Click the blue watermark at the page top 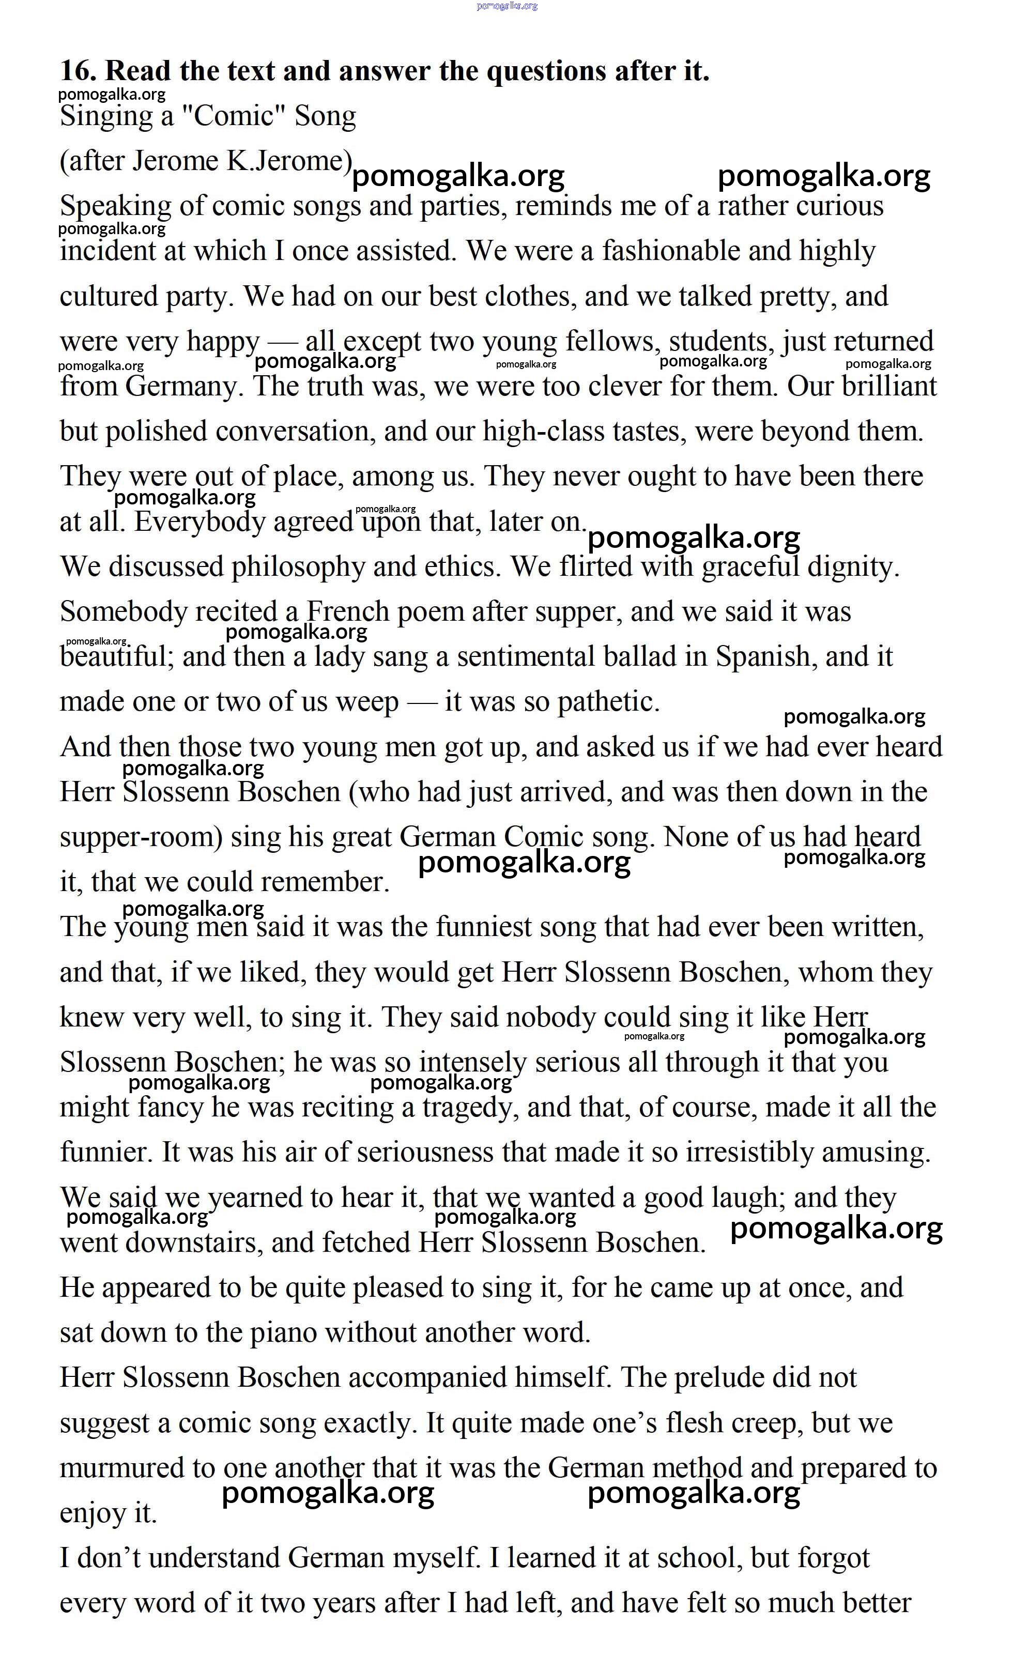(x=507, y=6)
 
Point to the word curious (x=839, y=206)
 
